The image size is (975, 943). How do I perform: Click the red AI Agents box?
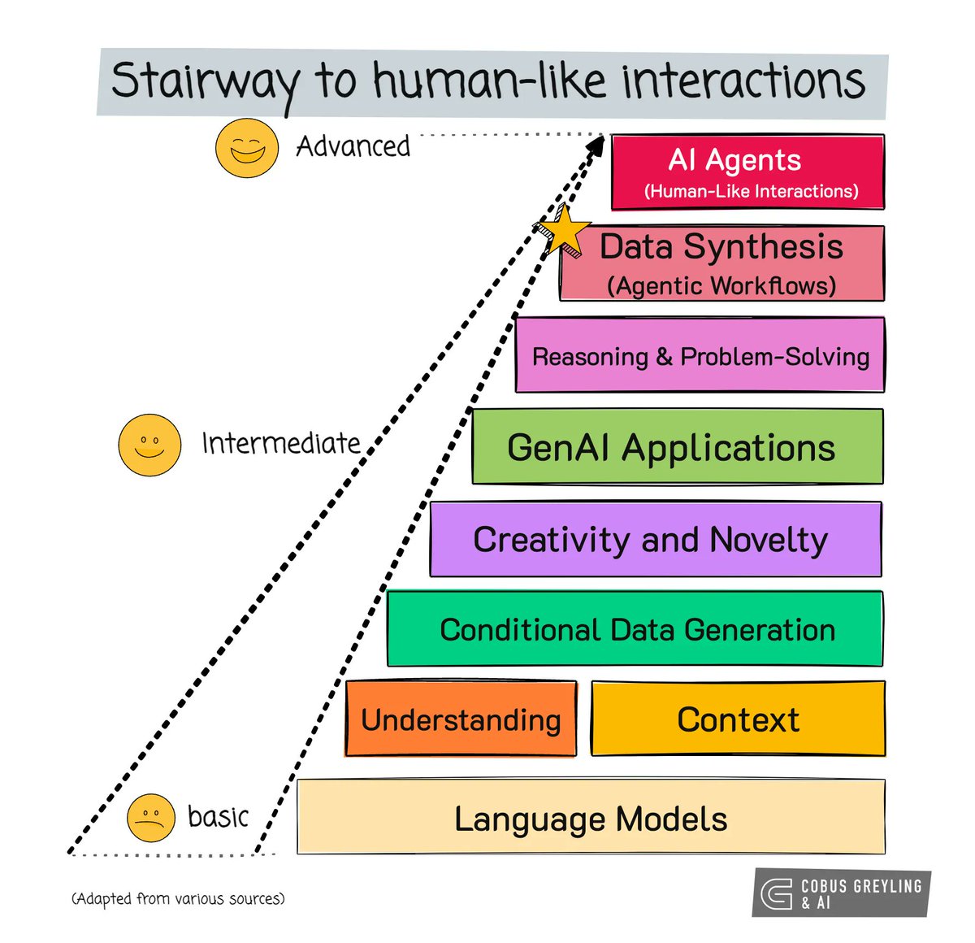pos(747,172)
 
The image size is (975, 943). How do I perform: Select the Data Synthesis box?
pos(721,263)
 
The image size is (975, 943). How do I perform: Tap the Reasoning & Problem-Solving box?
pos(700,355)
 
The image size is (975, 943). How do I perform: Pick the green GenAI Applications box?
pos(677,447)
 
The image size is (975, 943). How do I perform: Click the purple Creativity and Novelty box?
pos(655,539)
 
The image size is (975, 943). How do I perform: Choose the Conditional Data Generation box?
pos(635,629)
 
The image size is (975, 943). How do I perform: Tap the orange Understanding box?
pos(461,719)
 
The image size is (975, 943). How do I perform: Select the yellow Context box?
pos(738,719)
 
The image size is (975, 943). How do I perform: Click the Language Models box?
pos(591,818)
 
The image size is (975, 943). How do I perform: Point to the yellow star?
pos(562,230)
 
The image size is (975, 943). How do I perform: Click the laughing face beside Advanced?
pos(247,148)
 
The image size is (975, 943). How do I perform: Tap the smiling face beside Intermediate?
pos(149,445)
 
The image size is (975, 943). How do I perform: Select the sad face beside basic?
pos(151,817)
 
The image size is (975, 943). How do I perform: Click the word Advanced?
pos(353,147)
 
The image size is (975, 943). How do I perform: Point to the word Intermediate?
pos(281,444)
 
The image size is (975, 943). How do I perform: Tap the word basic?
pos(218,816)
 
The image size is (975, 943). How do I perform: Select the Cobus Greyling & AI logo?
pos(841,893)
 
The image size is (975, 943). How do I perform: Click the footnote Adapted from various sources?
pos(178,898)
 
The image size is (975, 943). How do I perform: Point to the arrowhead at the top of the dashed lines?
pos(596,146)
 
